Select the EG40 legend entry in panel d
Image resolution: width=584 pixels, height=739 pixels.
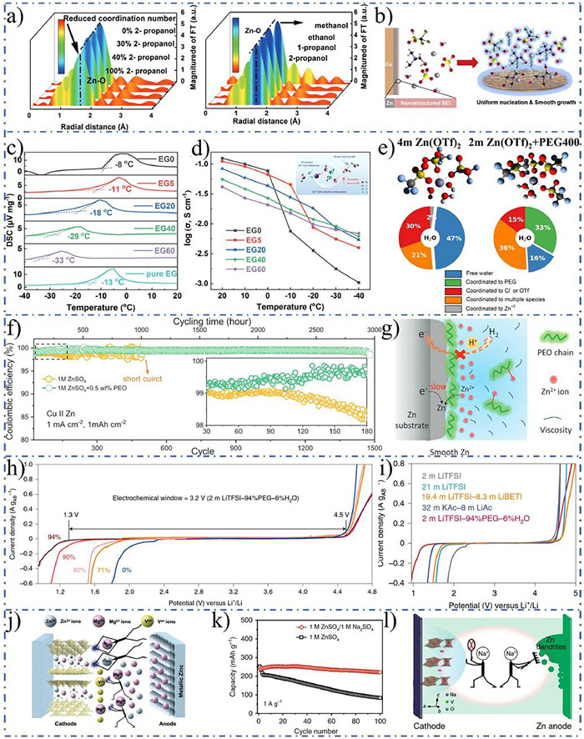[x=256, y=282]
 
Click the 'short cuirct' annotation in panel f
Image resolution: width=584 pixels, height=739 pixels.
[x=161, y=364]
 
